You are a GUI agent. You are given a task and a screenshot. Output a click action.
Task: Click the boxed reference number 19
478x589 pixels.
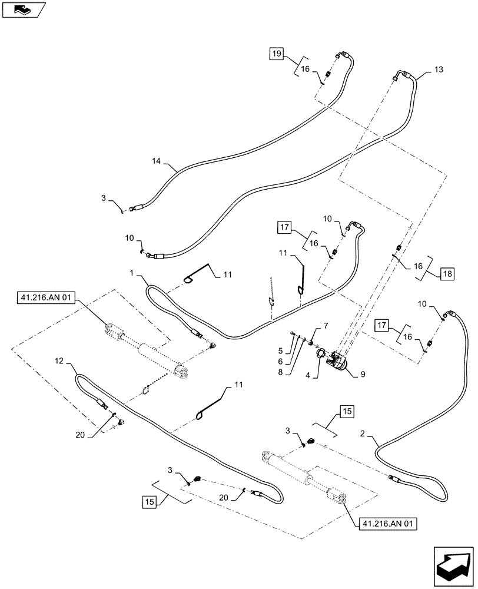(277, 54)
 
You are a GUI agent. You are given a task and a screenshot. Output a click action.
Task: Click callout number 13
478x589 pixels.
(439, 70)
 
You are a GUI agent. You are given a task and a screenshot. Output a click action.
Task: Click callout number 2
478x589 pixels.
(363, 435)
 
